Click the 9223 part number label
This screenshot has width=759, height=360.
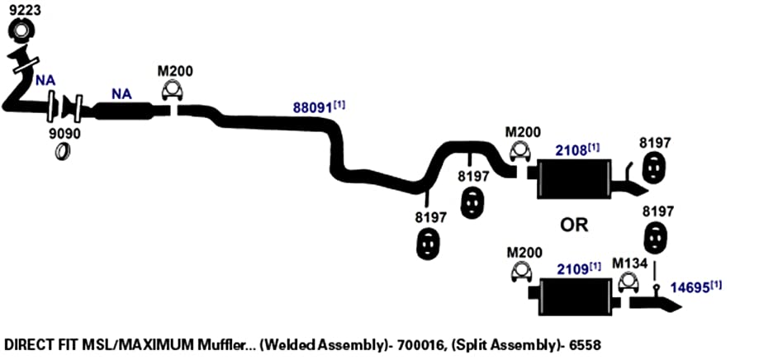(25, 10)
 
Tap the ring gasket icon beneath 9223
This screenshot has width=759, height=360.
(21, 31)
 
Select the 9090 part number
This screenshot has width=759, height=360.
(65, 134)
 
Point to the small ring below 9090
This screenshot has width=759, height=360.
(62, 151)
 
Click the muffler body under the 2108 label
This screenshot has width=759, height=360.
(574, 178)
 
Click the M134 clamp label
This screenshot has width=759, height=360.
(629, 263)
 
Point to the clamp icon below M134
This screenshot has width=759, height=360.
(629, 283)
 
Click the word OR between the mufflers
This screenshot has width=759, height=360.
(575, 225)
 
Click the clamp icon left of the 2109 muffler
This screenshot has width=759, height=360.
(522, 272)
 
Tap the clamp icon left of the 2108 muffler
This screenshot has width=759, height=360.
(520, 151)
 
